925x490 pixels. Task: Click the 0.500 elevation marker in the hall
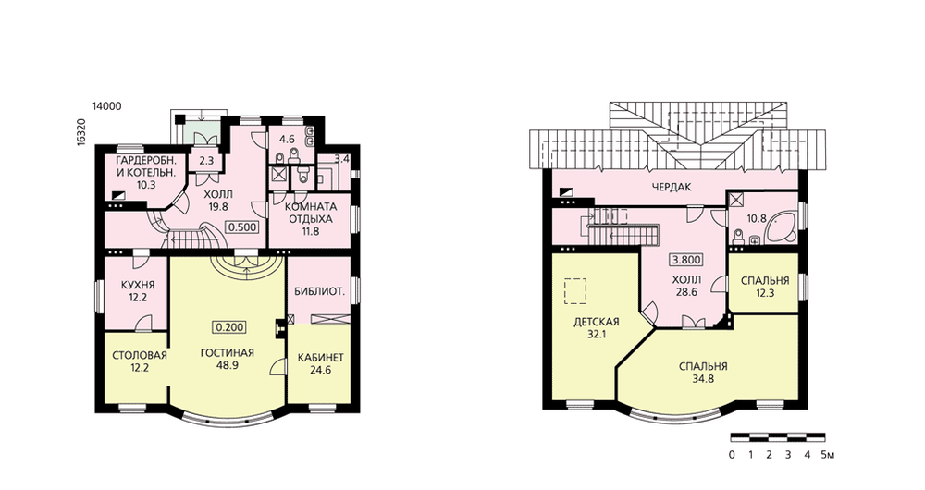[x=242, y=227]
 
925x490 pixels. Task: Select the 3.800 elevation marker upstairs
[x=686, y=260]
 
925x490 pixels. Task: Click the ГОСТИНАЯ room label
[x=228, y=353]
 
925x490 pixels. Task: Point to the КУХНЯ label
[x=138, y=285]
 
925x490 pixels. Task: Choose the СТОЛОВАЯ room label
[x=140, y=356]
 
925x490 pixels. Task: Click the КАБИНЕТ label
[x=320, y=358]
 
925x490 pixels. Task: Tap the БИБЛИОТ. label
[x=320, y=291]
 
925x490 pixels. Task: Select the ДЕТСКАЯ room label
[x=597, y=322]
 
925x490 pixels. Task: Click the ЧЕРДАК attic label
[x=672, y=188]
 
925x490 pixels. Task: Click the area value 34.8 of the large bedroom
[x=703, y=379]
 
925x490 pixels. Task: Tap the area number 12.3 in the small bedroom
[x=765, y=293]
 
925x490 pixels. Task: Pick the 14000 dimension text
[x=106, y=106]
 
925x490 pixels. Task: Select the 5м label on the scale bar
[x=828, y=455]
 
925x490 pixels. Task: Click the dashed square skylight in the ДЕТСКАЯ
[x=575, y=291]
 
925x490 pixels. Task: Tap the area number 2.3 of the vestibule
[x=206, y=160]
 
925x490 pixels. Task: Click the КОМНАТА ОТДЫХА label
[x=310, y=219]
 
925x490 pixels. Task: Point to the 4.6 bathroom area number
[x=287, y=140]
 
